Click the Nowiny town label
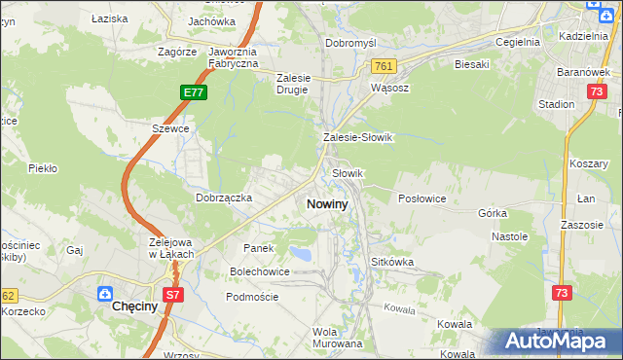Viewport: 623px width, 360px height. click(x=326, y=204)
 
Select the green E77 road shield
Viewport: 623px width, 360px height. click(x=193, y=92)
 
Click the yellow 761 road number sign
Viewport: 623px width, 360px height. click(x=382, y=65)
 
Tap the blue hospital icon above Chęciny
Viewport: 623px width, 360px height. click(x=104, y=292)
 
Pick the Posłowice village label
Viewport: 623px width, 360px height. click(x=422, y=198)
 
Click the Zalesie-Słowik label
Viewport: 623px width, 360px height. click(x=357, y=137)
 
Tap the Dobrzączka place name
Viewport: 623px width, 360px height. click(x=224, y=197)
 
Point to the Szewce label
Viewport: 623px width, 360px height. click(x=169, y=127)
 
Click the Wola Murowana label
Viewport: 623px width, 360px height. click(x=337, y=337)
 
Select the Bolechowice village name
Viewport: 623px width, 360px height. click(x=259, y=271)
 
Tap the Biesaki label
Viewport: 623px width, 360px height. click(x=471, y=64)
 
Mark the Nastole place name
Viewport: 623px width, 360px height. click(x=509, y=236)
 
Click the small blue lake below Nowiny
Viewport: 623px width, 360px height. click(x=303, y=255)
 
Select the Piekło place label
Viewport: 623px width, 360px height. click(x=43, y=167)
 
